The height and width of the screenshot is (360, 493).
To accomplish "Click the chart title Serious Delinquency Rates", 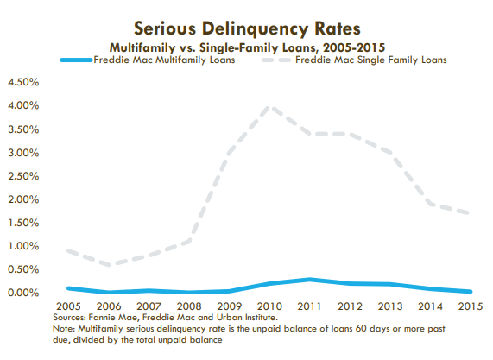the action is point(247,28).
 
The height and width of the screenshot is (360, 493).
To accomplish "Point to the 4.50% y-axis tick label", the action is point(23,82).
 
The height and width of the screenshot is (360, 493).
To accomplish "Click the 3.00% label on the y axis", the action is point(23,153).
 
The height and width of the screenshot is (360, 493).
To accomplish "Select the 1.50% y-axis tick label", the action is point(23,223).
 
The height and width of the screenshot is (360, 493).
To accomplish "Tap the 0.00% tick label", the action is point(23,293).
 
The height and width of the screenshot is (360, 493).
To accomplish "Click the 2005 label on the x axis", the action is point(68,306).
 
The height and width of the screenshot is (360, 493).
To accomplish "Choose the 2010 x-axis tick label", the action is point(269,306).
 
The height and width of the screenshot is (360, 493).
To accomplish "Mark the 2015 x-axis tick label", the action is point(471,306).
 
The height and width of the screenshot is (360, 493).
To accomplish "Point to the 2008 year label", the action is point(189,306).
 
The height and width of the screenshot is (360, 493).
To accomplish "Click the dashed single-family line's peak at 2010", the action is point(269,107).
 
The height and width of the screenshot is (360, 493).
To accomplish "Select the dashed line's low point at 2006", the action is point(109,264).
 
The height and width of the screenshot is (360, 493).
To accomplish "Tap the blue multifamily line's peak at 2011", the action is point(310,279).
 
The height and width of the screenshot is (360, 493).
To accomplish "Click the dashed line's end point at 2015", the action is point(469,213).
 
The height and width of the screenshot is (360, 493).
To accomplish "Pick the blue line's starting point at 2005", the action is point(68,288).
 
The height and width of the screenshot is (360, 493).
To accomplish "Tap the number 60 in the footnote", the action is point(361,329).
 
